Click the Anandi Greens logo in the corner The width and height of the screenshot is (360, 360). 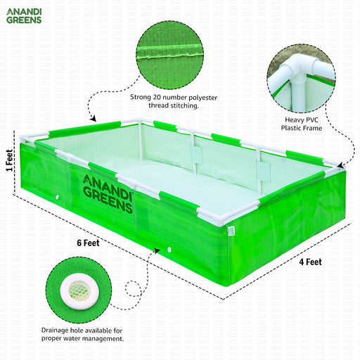[24, 16]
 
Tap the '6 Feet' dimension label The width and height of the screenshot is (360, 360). [88, 243]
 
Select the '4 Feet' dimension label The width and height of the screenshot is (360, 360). [310, 262]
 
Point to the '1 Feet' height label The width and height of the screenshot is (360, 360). [9, 160]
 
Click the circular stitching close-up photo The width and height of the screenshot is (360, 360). [170, 55]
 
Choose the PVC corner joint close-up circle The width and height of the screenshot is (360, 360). [302, 78]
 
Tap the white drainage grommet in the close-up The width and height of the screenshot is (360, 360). [79, 291]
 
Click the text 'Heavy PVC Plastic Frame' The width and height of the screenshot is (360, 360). [302, 124]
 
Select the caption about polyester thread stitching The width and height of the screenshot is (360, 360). [174, 101]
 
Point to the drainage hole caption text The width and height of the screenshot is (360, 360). [82, 335]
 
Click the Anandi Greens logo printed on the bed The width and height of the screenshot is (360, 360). [108, 194]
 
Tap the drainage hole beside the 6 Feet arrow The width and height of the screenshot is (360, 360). [169, 250]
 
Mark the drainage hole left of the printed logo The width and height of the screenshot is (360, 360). [57, 198]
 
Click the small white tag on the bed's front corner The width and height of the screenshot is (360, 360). [231, 231]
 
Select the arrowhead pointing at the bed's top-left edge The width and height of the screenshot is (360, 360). [94, 119]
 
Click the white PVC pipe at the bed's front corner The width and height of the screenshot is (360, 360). [220, 219]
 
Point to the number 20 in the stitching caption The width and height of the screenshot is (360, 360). [157, 97]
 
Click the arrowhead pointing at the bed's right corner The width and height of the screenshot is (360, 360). [341, 165]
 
